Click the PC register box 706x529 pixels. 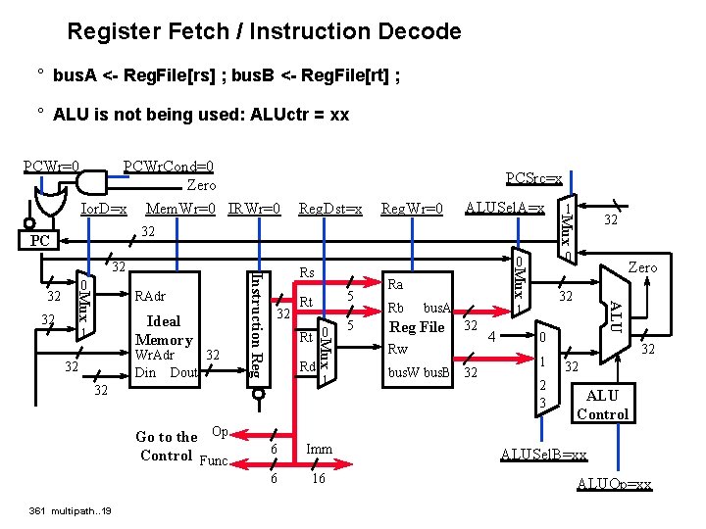pos(39,240)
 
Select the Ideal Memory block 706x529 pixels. pos(165,329)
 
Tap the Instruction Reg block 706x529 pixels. pos(259,329)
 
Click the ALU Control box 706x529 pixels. pos(603,403)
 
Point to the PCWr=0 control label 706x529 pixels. pos(51,167)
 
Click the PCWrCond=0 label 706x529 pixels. pos(169,167)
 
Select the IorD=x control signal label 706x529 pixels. pos(104,209)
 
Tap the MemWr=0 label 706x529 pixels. pos(180,209)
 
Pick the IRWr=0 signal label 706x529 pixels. pos(254,209)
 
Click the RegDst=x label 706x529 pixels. pos(330,209)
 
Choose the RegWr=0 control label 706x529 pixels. pos(412,209)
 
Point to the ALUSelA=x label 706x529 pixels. pos(505,208)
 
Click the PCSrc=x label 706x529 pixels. pos(534,178)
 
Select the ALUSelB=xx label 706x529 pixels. pos(544,455)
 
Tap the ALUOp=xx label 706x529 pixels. pos(615,484)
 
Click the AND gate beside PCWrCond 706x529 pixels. pos(92,182)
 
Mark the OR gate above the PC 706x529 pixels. pos(51,202)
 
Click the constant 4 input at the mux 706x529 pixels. pos(491,336)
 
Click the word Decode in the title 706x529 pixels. pos(420,31)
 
